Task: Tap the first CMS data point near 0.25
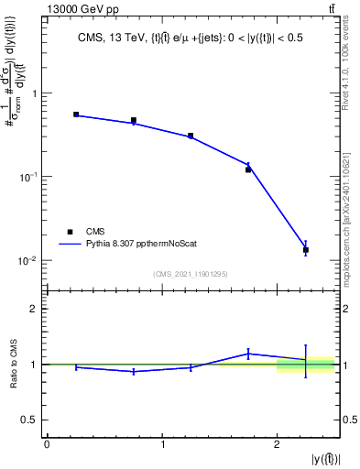tap(76, 115)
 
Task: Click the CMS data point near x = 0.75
tap(134, 120)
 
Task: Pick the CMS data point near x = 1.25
tap(191, 136)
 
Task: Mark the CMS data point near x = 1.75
tap(248, 169)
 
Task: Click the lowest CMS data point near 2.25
tap(306, 249)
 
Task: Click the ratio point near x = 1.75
tap(248, 354)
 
